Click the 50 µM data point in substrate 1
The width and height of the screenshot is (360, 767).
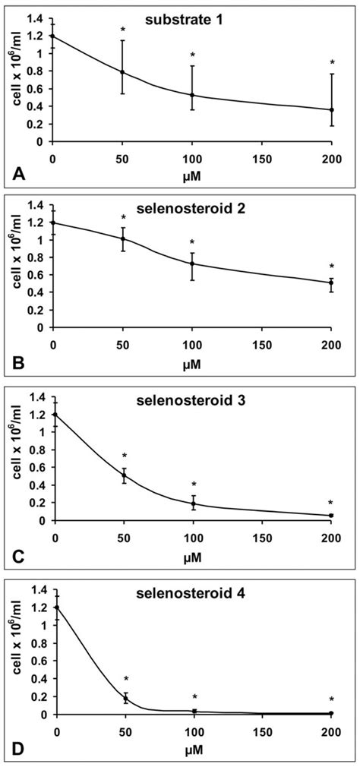[x=122, y=72]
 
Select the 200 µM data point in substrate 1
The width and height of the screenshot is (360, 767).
[x=331, y=110]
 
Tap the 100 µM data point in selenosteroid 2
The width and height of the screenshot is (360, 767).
[x=192, y=264]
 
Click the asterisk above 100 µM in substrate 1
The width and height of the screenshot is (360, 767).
[x=192, y=55]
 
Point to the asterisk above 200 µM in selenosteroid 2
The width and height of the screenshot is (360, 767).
[x=331, y=267]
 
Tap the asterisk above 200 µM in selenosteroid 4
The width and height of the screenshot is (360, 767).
[x=331, y=699]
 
